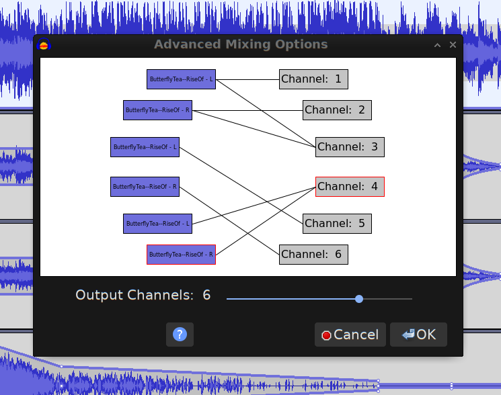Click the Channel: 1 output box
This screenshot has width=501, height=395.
pos(313,79)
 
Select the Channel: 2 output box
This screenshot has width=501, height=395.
pos(337,109)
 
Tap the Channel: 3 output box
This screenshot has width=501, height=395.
pos(350,146)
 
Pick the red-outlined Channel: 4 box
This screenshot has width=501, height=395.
pos(350,187)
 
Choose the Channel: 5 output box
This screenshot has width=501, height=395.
pos(337,224)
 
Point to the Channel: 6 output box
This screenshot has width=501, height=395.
pos(313,255)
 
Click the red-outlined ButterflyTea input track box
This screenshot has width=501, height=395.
pos(181,255)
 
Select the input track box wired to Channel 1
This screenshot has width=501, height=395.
pos(181,79)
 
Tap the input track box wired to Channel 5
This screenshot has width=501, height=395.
pos(145,146)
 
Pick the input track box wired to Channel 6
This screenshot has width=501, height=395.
pos(145,187)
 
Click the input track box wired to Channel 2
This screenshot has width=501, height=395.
pos(157,109)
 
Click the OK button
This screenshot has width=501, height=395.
pos(418,335)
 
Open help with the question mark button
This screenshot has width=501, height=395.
pos(180,335)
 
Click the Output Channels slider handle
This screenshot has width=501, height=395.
pos(359,298)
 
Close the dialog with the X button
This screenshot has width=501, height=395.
pos(453,45)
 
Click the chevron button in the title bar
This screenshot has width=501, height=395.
pos(437,45)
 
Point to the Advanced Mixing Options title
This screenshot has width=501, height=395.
pos(241,45)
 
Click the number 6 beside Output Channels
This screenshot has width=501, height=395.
pos(206,295)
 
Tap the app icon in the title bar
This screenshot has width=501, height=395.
pos(44,46)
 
